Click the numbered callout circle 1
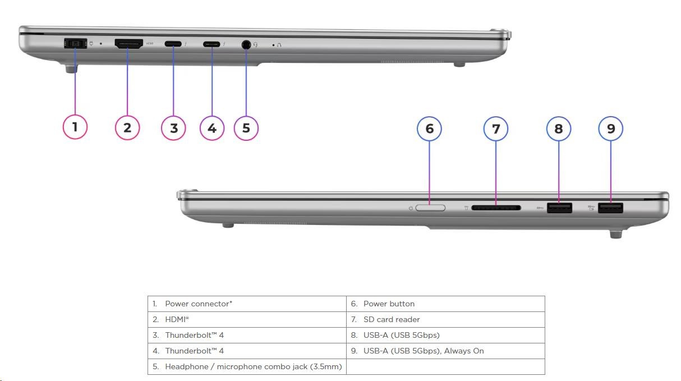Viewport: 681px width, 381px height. [75, 127]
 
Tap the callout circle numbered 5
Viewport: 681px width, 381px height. [246, 127]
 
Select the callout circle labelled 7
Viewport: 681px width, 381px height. [496, 129]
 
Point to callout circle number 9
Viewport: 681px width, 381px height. [611, 128]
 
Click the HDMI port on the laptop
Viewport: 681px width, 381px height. [128, 44]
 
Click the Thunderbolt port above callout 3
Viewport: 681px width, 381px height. [173, 44]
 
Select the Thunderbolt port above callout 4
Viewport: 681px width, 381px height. [211, 44]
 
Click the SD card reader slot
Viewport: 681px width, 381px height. [496, 208]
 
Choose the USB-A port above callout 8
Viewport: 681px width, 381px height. [559, 208]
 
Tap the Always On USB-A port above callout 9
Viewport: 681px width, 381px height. [610, 208]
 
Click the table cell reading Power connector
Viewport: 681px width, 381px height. [247, 304]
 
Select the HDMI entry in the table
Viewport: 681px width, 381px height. [247, 319]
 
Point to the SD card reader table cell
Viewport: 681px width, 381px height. [445, 319]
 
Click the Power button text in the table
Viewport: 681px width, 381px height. [389, 304]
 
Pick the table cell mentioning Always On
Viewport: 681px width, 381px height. [445, 351]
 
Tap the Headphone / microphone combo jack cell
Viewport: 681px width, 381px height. [247, 366]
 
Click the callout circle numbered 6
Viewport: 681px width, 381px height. [430, 128]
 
